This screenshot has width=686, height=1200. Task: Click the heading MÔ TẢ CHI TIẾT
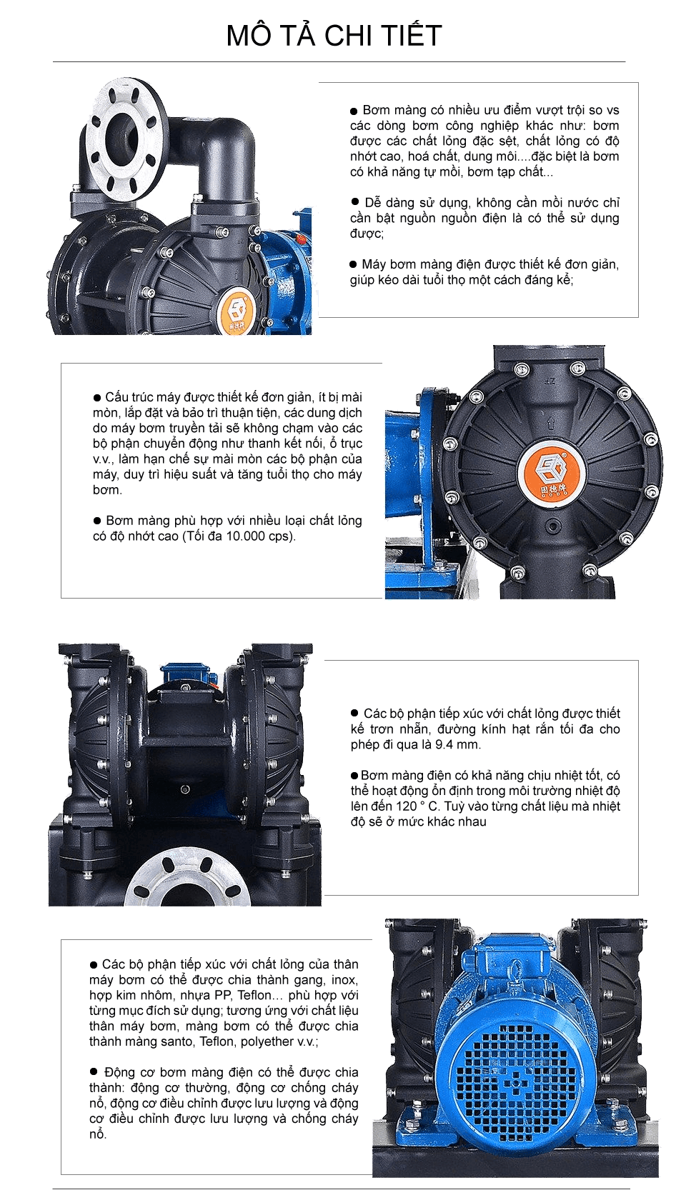coord(334,36)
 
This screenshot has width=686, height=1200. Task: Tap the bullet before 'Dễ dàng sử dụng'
coord(355,202)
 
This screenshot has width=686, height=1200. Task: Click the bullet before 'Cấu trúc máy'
coord(97,398)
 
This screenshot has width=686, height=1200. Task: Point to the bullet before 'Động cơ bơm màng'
coord(94,1072)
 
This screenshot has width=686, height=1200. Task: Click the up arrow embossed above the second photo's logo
coord(550,422)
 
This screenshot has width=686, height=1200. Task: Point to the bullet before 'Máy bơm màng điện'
coord(353,264)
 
